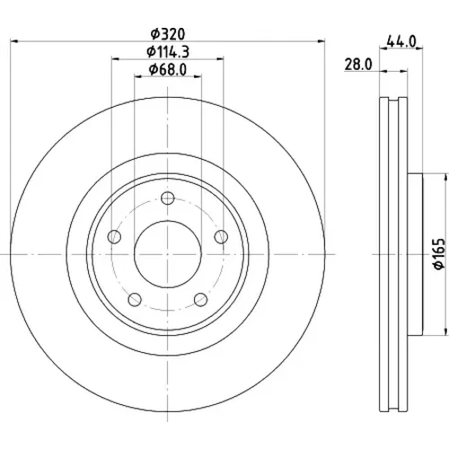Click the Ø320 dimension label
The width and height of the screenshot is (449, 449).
click(x=168, y=34)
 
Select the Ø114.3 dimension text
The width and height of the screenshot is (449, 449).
click(x=168, y=52)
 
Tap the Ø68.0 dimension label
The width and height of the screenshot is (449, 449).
click(x=168, y=70)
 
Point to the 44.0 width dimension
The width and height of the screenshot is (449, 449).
click(x=401, y=41)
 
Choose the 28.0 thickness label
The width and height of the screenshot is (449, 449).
click(x=358, y=65)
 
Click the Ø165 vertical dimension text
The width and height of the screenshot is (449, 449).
click(x=439, y=254)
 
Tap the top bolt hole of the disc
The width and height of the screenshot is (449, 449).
click(x=168, y=198)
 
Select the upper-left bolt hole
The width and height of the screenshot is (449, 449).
click(x=114, y=237)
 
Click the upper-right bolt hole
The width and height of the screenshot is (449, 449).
click(x=221, y=237)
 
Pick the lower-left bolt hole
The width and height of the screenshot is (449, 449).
click(x=135, y=299)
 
